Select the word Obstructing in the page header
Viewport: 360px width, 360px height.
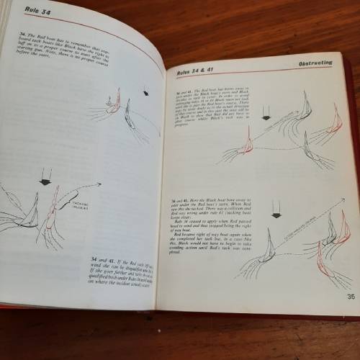click(x=314, y=63)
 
